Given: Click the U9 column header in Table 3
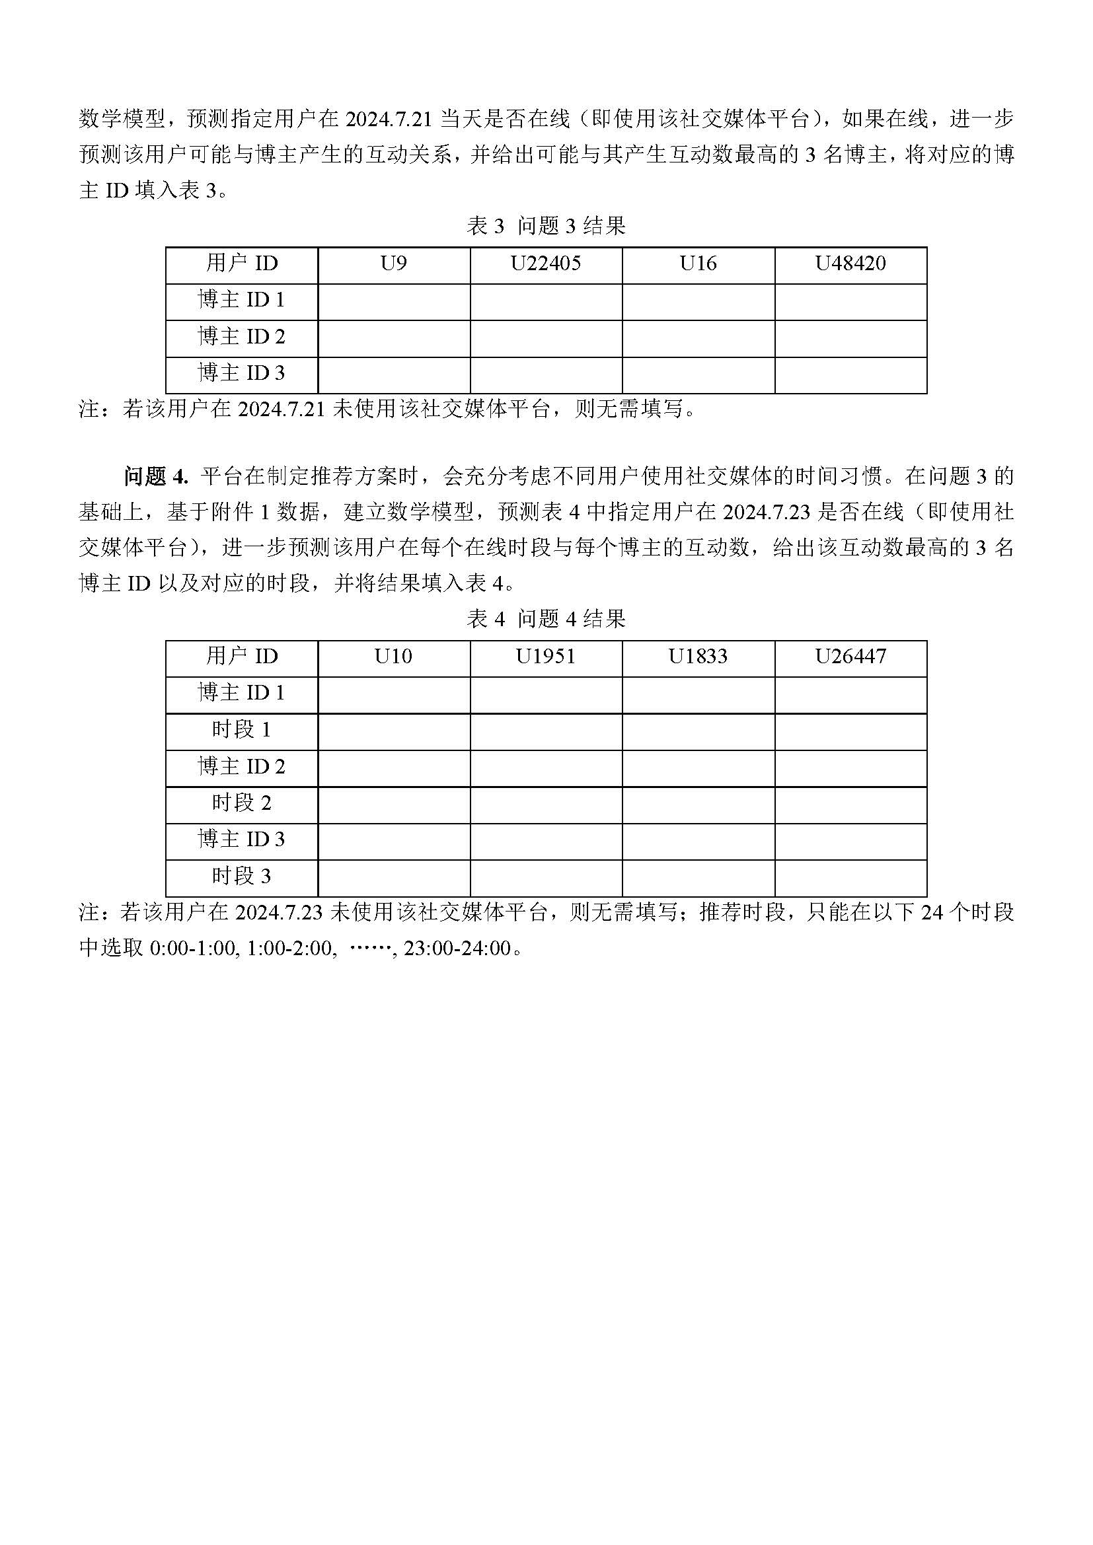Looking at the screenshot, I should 394,264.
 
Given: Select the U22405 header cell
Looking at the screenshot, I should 545,264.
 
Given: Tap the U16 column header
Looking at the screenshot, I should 698,264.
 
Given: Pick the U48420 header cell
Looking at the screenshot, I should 850,264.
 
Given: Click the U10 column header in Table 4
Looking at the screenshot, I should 394,657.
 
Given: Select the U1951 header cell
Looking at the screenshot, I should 545,657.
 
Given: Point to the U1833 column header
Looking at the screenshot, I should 698,657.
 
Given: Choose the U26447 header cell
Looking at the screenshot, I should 850,657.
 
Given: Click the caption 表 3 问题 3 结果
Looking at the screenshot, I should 546,226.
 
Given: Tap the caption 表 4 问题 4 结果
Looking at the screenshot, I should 546,619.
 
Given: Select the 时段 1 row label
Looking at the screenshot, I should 242,730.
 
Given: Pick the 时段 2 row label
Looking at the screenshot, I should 242,803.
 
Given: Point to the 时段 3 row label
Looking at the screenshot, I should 242,877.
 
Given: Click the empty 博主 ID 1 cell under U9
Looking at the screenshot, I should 394,301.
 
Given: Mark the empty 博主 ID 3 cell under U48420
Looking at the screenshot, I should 850,375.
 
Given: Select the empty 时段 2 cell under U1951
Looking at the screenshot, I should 545,805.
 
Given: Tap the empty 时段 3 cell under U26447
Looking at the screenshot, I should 850,878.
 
